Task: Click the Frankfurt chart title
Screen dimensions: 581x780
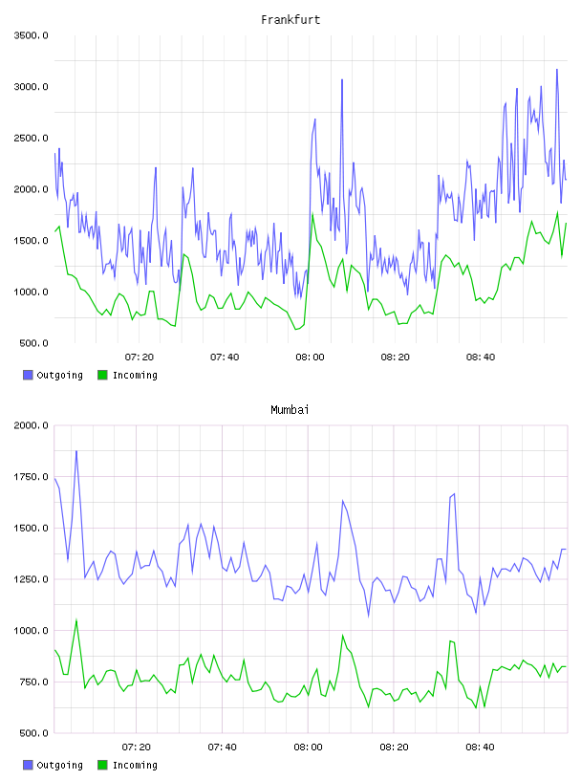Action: tap(290, 20)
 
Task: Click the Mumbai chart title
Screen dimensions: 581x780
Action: tap(290, 410)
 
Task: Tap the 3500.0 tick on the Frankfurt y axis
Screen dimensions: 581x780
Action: tap(31, 35)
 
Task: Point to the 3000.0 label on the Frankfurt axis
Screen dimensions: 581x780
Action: tap(31, 87)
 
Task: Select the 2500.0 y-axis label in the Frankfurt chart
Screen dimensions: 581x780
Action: tap(31, 138)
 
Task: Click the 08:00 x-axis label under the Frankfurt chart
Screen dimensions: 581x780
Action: tap(310, 357)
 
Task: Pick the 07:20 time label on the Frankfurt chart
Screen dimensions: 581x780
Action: tap(140, 357)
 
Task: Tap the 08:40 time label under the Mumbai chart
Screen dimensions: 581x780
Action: tap(480, 747)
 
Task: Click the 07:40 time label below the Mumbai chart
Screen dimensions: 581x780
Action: tap(223, 747)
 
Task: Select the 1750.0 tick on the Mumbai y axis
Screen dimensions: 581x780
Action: tap(31, 477)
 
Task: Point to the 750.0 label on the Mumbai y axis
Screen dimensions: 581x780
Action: tap(33, 682)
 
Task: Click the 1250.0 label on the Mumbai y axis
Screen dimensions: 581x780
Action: tap(31, 579)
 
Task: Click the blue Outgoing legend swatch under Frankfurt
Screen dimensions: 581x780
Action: tap(28, 375)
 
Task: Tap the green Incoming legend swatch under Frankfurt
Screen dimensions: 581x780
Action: tap(102, 375)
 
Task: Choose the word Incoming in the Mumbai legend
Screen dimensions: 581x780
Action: tap(135, 765)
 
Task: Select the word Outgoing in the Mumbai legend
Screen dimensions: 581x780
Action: tap(59, 765)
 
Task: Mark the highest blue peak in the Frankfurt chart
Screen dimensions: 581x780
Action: tap(557, 70)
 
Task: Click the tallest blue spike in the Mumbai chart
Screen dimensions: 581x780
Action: tap(76, 451)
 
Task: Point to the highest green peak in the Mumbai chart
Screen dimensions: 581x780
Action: tap(76, 619)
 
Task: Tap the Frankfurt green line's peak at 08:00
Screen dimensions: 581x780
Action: tap(312, 214)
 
